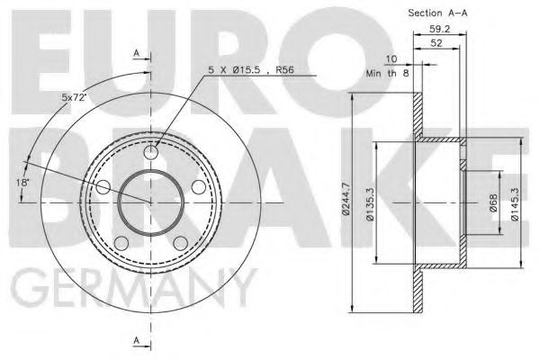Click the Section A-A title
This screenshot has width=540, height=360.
click(438, 13)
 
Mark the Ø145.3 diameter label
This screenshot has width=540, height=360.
click(516, 204)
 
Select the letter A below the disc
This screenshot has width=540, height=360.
click(137, 339)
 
